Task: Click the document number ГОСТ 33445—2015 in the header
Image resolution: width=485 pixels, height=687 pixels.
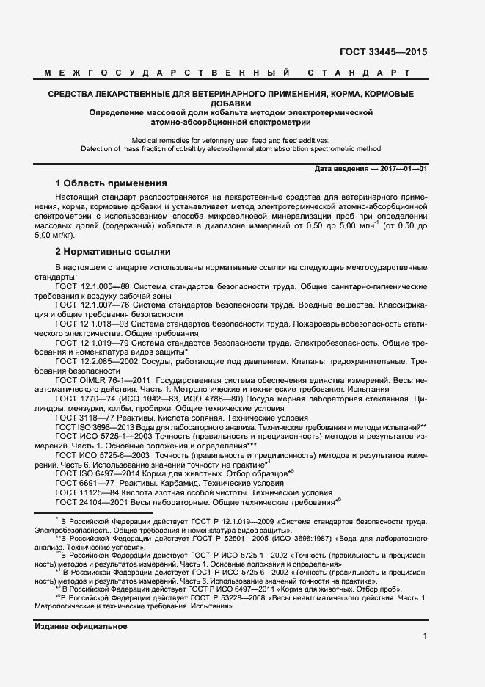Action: (382, 52)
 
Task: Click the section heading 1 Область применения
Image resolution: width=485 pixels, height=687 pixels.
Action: (112, 183)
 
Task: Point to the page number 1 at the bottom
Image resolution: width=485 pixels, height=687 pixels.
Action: (425, 638)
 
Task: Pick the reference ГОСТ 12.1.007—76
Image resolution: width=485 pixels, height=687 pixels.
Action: (93, 303)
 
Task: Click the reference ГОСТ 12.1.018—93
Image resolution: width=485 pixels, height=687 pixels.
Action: (93, 323)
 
